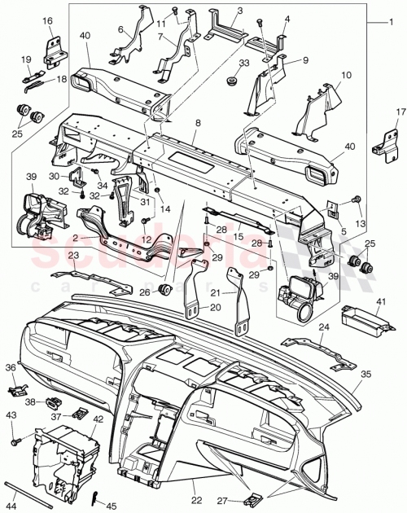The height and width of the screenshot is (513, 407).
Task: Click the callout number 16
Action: pos(46,20)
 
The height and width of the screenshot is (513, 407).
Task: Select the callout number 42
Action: pos(98,420)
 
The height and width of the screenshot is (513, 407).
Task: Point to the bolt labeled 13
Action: pos(357,199)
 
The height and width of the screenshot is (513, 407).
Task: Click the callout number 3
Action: pos(241,11)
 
